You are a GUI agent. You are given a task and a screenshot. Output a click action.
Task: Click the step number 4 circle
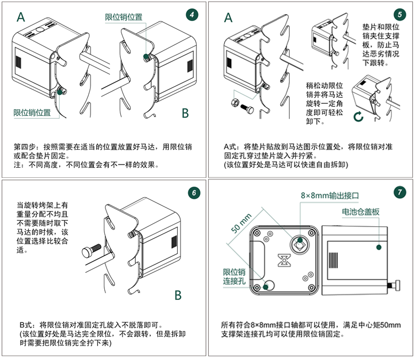[192, 15]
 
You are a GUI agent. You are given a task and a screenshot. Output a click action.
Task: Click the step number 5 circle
[400, 14]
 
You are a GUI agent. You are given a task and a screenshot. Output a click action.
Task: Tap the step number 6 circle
[194, 193]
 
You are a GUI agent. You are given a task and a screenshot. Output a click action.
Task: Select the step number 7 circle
[400, 192]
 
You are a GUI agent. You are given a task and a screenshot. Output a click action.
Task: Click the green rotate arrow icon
[358, 116]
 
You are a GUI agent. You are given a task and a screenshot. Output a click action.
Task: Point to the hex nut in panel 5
[235, 102]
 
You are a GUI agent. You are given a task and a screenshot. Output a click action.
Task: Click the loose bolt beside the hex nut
[247, 108]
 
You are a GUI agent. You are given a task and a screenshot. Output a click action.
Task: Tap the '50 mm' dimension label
[241, 224]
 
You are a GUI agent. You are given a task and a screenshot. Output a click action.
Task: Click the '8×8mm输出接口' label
[330, 195]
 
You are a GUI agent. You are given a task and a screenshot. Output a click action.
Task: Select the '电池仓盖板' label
[360, 211]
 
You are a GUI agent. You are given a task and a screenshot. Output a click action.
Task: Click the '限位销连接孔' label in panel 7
[234, 277]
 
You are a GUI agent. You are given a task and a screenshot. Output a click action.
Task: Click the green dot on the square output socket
[300, 240]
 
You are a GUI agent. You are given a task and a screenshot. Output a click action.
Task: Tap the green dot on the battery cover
[379, 247]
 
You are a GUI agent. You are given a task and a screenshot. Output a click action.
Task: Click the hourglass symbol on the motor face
[284, 261]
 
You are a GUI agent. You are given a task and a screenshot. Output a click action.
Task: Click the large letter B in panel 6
[178, 295]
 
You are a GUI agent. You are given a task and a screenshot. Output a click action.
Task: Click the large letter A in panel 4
[21, 17]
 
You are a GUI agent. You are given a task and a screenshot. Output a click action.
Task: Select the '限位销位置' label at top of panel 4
[124, 17]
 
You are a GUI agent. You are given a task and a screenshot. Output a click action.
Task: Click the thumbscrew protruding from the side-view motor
[394, 286]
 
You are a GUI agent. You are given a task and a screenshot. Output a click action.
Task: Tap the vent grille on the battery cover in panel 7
[333, 260]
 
